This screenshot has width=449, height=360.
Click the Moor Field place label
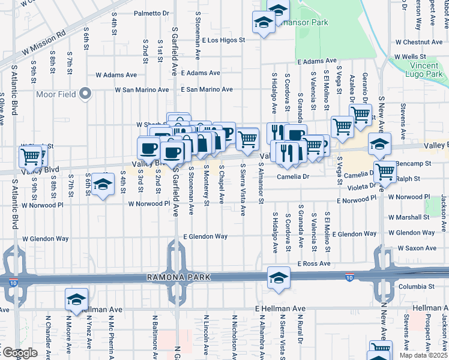coord(56,94)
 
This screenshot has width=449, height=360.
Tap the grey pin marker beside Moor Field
coord(85,93)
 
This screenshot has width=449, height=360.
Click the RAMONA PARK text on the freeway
coord(173,278)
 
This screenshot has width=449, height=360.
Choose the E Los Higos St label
coord(224,41)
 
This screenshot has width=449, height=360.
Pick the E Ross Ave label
coord(313,263)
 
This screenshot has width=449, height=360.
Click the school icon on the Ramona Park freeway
coord(279,278)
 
